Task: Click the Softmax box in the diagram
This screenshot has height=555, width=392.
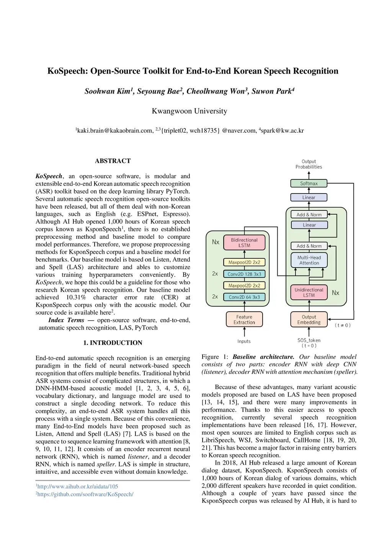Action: [x=309, y=184]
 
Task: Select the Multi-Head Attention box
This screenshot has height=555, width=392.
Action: [x=309, y=260]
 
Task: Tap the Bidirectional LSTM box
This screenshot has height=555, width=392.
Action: [x=244, y=243]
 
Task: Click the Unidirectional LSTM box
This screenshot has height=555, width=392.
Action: [x=309, y=292]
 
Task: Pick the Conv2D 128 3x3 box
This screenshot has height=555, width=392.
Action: [x=244, y=274]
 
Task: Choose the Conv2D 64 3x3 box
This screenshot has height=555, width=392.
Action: [x=244, y=297]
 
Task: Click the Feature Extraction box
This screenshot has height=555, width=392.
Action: [x=244, y=320]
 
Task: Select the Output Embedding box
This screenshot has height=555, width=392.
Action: [x=309, y=320]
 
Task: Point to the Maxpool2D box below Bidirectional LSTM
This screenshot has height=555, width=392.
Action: [x=244, y=263]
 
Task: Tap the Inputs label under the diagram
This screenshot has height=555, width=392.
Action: [x=244, y=341]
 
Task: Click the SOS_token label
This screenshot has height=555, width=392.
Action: [x=309, y=340]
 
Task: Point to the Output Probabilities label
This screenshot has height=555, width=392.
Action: [x=309, y=164]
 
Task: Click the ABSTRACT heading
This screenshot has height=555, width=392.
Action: [x=113, y=161]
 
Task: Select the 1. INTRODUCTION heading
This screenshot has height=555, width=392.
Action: [x=113, y=343]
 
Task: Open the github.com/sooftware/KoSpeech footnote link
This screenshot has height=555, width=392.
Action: [x=85, y=494]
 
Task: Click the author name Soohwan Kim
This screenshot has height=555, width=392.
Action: [x=108, y=91]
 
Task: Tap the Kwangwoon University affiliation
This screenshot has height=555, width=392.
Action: [x=189, y=111]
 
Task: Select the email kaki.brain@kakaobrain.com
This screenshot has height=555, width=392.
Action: [x=115, y=131]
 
